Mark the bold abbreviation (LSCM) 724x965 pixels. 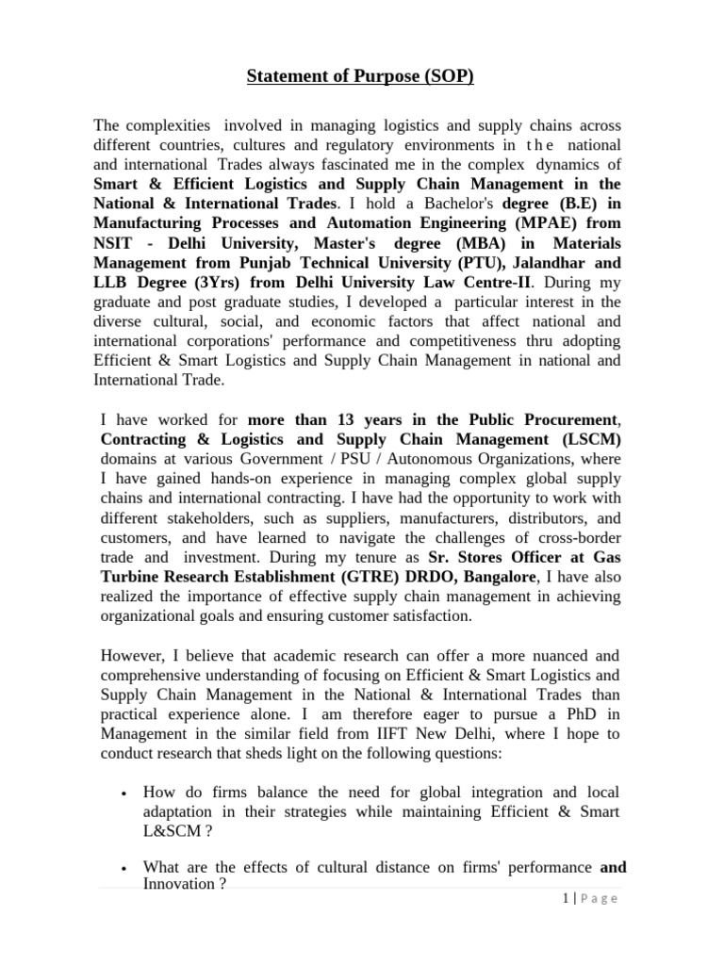584,439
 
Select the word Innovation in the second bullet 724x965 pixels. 178,884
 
